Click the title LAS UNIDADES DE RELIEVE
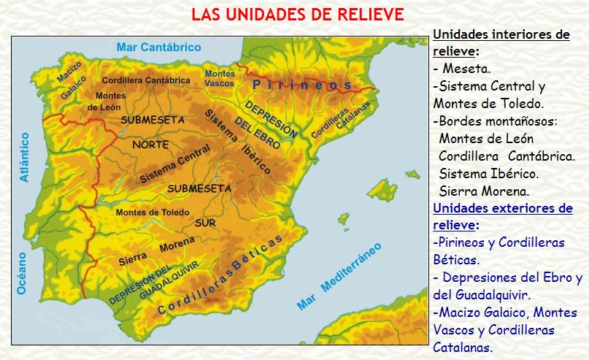click(297, 15)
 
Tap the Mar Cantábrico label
click(158, 47)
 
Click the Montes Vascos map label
click(220, 78)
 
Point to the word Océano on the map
click(21, 273)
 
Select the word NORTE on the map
click(150, 145)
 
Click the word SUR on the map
click(205, 223)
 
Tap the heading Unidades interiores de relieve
click(501, 42)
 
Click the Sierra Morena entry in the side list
click(484, 191)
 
